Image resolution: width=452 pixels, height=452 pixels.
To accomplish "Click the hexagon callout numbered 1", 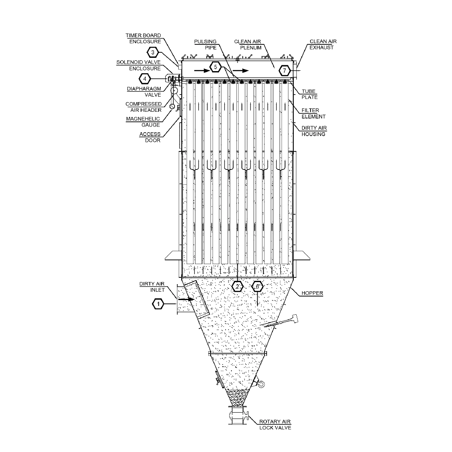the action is click(158, 304).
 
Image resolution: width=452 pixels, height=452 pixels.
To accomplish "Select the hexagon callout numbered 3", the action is click(153, 52).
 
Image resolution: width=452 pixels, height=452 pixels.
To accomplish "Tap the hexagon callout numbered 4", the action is click(145, 79).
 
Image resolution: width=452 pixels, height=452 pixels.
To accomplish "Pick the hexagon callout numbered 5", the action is click(216, 67).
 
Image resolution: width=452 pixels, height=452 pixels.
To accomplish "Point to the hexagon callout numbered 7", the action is click(285, 71).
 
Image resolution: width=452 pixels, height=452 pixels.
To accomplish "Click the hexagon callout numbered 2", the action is click(238, 287).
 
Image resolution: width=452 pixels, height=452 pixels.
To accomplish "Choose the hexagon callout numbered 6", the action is click(257, 287).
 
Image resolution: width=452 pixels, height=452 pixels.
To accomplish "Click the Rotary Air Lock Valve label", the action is click(275, 425).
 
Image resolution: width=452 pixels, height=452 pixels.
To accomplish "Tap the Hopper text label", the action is click(312, 293).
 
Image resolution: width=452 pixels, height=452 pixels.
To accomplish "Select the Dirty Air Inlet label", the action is click(152, 287).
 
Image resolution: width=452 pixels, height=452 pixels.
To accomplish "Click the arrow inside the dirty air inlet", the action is click(188, 300).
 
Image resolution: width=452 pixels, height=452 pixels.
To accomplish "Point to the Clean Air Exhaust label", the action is click(323, 44).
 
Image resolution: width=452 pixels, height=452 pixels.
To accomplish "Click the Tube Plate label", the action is click(309, 94).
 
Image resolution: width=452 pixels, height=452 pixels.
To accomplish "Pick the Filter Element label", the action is click(313, 113).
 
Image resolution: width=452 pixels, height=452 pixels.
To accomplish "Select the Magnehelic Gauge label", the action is click(143, 122).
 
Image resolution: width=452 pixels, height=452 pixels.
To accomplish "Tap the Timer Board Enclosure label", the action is click(143, 39).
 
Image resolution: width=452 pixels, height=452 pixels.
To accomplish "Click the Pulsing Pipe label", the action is click(205, 44).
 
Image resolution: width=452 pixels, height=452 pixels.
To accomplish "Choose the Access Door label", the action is click(150, 137).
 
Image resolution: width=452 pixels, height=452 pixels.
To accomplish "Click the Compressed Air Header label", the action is click(144, 107).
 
